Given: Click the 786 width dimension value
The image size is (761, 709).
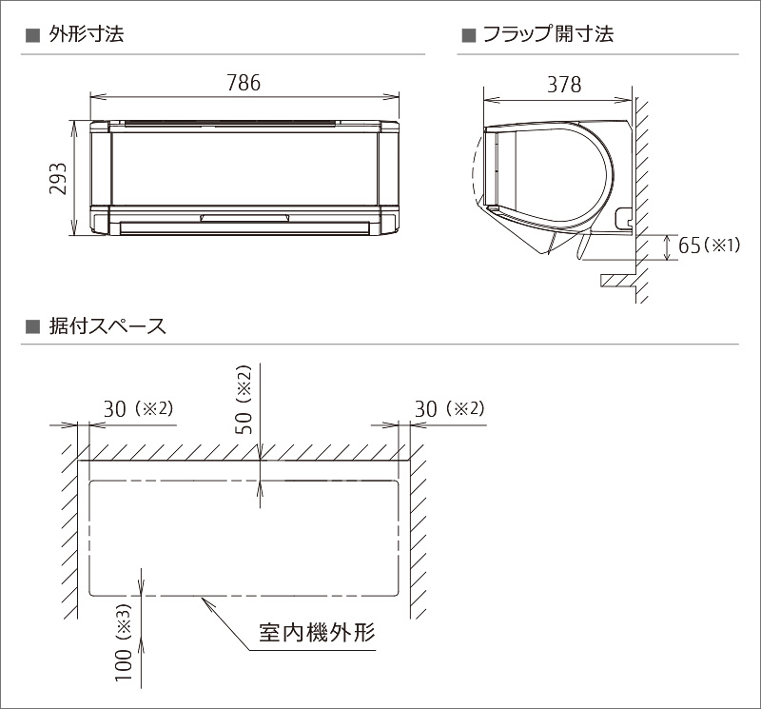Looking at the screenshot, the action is point(244,83).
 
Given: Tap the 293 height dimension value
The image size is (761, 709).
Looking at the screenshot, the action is point(58,179).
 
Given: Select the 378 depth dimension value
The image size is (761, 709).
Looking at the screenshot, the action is point(564,85).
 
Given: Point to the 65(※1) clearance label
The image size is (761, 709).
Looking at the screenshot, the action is point(709,246).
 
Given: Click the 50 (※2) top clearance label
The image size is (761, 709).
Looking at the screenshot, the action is point(244,400).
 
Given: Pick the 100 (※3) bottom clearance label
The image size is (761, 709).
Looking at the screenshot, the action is point(124,642).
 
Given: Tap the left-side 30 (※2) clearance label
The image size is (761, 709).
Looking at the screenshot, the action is point(138,409).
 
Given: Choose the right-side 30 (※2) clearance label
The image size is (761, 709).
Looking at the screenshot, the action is point(449,409).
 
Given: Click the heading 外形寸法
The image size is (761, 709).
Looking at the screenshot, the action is point(87,34).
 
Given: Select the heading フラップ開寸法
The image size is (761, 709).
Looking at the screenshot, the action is point(549,34).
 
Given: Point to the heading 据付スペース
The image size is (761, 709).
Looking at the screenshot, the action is point(107,325).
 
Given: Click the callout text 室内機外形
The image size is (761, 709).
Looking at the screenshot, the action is point(317,632).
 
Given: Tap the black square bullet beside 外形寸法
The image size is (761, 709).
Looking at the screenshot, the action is point(32,35).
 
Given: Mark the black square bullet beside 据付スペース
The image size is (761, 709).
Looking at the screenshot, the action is point(32,326).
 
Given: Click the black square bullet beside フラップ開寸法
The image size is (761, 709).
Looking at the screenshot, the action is point(468,35).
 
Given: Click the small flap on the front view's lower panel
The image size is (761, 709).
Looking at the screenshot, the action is point(245,218).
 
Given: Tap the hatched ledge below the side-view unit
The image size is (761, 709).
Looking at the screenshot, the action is point(618,281).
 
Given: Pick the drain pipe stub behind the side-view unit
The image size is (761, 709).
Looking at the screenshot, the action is point(623,218).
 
